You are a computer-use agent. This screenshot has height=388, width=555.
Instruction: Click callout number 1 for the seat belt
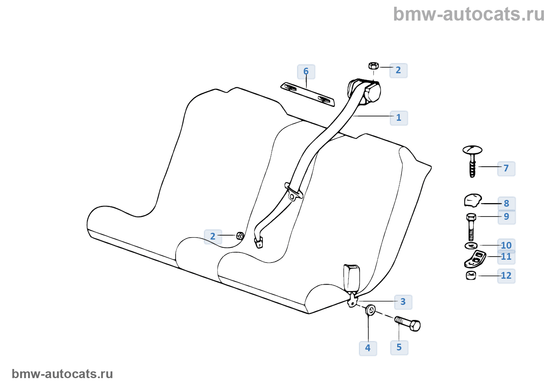click(399, 118)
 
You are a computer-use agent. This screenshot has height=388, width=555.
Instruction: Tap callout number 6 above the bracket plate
click(306, 72)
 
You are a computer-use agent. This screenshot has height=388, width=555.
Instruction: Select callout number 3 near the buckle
click(403, 302)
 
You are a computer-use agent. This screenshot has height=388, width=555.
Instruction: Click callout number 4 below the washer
click(368, 348)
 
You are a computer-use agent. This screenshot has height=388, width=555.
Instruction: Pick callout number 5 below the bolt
click(399, 348)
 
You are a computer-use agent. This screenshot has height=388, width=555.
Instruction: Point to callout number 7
click(506, 168)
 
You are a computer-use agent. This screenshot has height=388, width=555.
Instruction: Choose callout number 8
click(507, 204)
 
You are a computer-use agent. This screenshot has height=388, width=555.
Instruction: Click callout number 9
click(507, 217)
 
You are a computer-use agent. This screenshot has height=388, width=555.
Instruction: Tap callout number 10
click(506, 245)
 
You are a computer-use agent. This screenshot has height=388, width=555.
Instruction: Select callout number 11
click(506, 257)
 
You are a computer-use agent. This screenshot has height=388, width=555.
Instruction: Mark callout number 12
click(506, 276)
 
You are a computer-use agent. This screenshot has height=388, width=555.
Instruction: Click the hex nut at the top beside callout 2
click(373, 66)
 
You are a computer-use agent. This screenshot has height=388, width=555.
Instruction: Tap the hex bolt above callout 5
click(408, 323)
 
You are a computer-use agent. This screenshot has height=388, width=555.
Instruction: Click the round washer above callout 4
click(371, 310)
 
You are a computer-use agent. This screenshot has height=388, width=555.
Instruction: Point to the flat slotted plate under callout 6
click(308, 94)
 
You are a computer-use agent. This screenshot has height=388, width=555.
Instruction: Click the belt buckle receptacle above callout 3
click(351, 277)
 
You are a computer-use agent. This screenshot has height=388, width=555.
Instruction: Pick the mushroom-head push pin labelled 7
click(472, 160)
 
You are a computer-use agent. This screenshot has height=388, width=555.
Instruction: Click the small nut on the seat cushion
click(240, 236)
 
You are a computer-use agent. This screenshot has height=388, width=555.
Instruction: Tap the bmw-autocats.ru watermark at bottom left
click(62, 374)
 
